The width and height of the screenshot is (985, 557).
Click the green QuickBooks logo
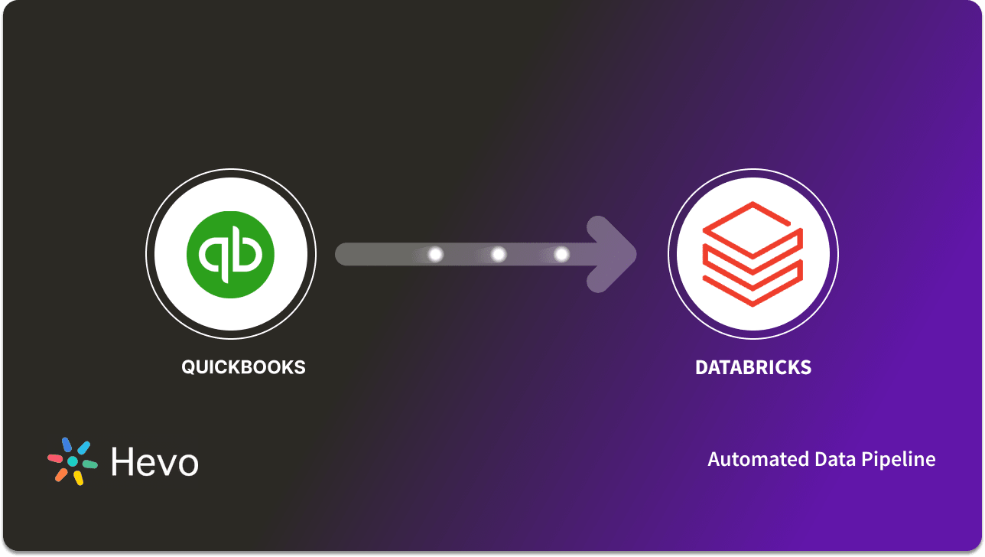pyautogui.click(x=231, y=255)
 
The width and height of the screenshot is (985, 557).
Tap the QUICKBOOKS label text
pyautogui.click(x=243, y=367)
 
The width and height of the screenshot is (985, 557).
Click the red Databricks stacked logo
pyautogui.click(x=753, y=255)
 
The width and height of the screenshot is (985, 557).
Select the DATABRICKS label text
pyautogui.click(x=753, y=367)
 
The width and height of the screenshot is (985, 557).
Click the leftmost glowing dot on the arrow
pyautogui.click(x=435, y=254)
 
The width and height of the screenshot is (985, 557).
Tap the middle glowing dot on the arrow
pyautogui.click(x=498, y=254)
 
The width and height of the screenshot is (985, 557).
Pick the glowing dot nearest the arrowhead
pyautogui.click(x=561, y=254)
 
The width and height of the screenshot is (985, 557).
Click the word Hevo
pyautogui.click(x=154, y=461)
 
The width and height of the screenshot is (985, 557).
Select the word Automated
pyautogui.click(x=749, y=459)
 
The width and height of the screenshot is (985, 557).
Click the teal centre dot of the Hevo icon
pyautogui.click(x=73, y=461)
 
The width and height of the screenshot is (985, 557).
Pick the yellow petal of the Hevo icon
pyautogui.click(x=78, y=478)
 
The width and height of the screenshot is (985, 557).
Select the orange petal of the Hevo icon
pyautogui.click(x=61, y=475)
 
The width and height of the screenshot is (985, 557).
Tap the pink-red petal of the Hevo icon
pyautogui.click(x=55, y=458)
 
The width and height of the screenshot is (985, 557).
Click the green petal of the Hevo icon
pyautogui.click(x=90, y=464)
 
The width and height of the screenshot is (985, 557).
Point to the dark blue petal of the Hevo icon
pyautogui.click(x=67, y=445)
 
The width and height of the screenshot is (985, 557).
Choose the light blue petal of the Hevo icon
pyautogui.click(x=84, y=448)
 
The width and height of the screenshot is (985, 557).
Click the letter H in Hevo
pyautogui.click(x=122, y=461)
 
